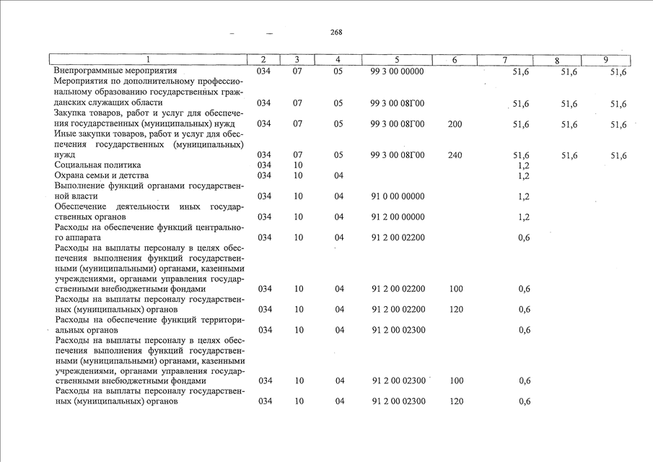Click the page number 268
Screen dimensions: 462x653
click(x=336, y=32)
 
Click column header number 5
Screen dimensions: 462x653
click(x=397, y=59)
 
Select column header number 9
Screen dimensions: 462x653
click(x=607, y=59)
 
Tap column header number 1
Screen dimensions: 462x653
click(x=149, y=59)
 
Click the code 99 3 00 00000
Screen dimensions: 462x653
click(x=397, y=71)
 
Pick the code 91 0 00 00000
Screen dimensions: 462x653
click(x=398, y=196)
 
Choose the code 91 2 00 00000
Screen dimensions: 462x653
click(x=398, y=217)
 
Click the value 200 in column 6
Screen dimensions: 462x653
click(x=455, y=124)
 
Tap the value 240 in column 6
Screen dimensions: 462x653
click(x=455, y=155)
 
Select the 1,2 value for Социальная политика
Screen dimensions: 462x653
click(x=524, y=165)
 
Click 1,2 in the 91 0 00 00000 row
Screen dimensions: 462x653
click(x=524, y=196)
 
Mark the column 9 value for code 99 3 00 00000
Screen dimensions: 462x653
click(x=618, y=72)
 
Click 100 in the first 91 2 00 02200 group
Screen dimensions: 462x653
click(x=455, y=289)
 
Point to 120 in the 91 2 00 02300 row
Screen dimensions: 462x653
click(x=455, y=401)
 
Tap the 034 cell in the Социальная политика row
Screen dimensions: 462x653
click(x=264, y=165)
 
